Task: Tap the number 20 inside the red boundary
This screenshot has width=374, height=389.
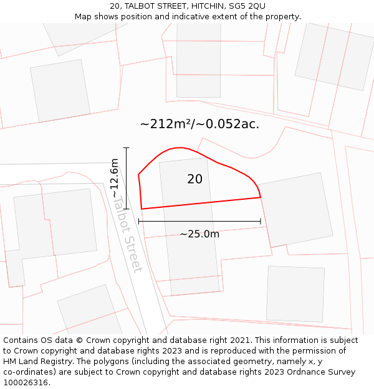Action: (194, 179)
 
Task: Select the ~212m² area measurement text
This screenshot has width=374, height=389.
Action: (166, 124)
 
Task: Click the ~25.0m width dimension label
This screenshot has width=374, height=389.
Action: (199, 234)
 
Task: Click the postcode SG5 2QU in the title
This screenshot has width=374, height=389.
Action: (248, 6)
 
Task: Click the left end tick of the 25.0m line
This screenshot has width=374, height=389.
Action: (138, 221)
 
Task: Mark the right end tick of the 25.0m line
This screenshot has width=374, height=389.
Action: (261, 221)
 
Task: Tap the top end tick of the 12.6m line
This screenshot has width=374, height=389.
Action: (127, 148)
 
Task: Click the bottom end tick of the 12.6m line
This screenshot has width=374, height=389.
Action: (127, 209)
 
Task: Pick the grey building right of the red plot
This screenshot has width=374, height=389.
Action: (294, 210)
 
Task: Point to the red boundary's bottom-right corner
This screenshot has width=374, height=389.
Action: (261, 197)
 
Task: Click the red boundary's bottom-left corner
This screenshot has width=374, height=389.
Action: (141, 209)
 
